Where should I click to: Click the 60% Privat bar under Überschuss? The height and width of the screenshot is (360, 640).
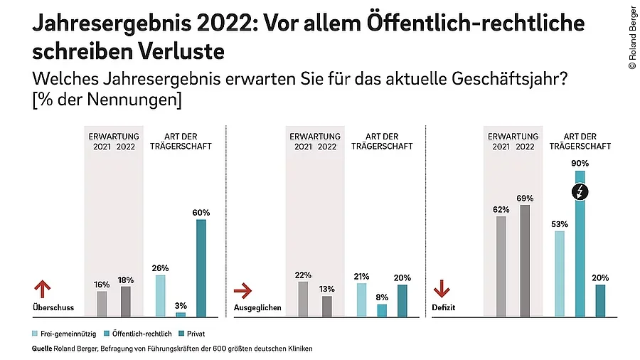201,268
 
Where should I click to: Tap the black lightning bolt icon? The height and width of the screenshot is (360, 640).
580,191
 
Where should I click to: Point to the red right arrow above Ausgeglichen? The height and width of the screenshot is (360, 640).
243,290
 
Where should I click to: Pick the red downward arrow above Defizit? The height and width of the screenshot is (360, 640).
442,289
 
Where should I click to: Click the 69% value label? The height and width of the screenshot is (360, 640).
525,197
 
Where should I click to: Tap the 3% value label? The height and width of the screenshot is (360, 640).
181,305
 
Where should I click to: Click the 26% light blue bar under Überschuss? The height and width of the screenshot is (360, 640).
160,295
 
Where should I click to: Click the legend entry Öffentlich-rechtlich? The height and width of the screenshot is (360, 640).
141,333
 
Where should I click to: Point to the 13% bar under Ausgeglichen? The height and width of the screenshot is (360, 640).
326,306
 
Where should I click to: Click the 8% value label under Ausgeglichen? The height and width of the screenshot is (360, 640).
382,297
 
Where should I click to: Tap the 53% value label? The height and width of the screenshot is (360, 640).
560,223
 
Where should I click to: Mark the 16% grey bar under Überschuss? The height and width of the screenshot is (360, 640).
102,304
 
